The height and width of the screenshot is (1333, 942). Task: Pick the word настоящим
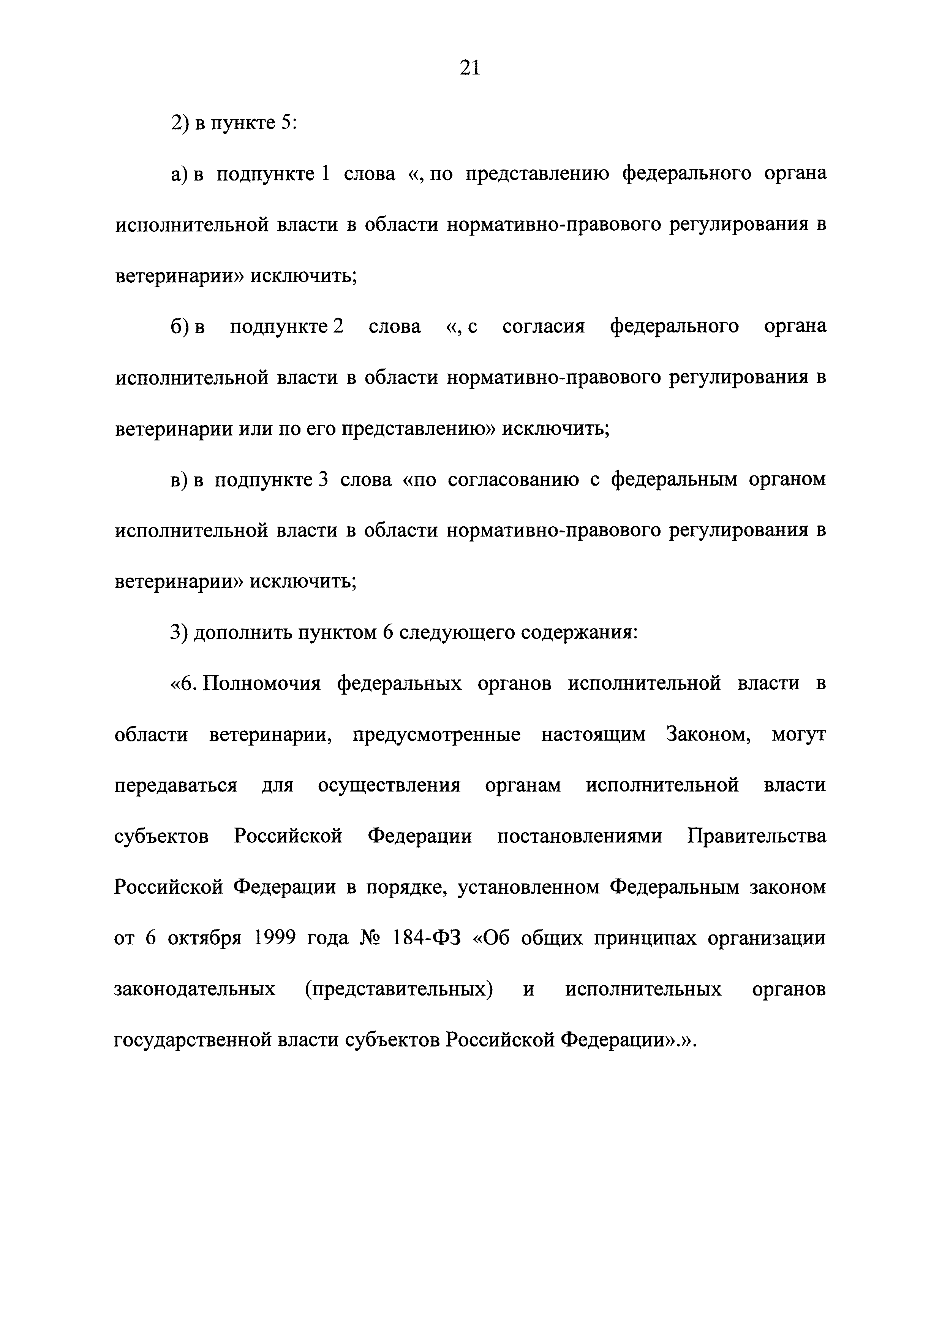point(593,735)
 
